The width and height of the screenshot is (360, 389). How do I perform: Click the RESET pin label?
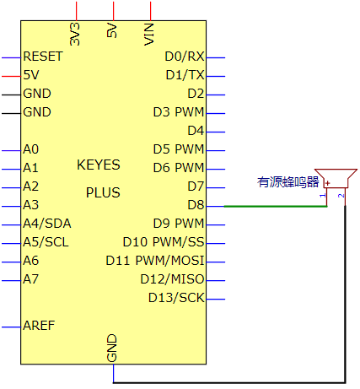tap(43, 57)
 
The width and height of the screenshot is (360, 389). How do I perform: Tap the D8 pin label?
tap(196, 205)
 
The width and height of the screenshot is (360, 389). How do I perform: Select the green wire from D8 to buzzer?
tap(276, 206)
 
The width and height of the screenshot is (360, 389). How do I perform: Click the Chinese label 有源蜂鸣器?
tap(288, 182)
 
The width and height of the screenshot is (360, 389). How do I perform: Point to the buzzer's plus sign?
tap(327, 183)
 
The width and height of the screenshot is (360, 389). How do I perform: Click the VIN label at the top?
tap(149, 35)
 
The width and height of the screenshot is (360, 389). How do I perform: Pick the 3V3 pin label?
tap(75, 35)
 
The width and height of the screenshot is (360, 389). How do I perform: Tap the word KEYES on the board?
tap(99, 165)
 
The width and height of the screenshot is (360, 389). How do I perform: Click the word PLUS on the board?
tap(103, 192)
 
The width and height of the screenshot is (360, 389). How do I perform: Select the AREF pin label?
tap(39, 326)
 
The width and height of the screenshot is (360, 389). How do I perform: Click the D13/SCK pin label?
tap(176, 298)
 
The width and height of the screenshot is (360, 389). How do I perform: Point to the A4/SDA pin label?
tap(47, 224)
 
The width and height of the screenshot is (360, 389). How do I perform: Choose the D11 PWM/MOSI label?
tap(155, 261)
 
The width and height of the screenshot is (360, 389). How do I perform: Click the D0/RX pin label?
tap(185, 57)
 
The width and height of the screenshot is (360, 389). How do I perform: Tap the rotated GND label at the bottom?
tap(112, 348)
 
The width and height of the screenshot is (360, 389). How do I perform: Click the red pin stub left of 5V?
tap(11, 76)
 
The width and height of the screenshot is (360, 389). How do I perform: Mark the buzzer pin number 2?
tap(341, 196)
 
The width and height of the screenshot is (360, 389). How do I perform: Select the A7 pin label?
tap(30, 279)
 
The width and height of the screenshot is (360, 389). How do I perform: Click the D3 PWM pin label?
tap(179, 112)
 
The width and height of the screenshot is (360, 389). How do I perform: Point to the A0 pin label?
tap(31, 149)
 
